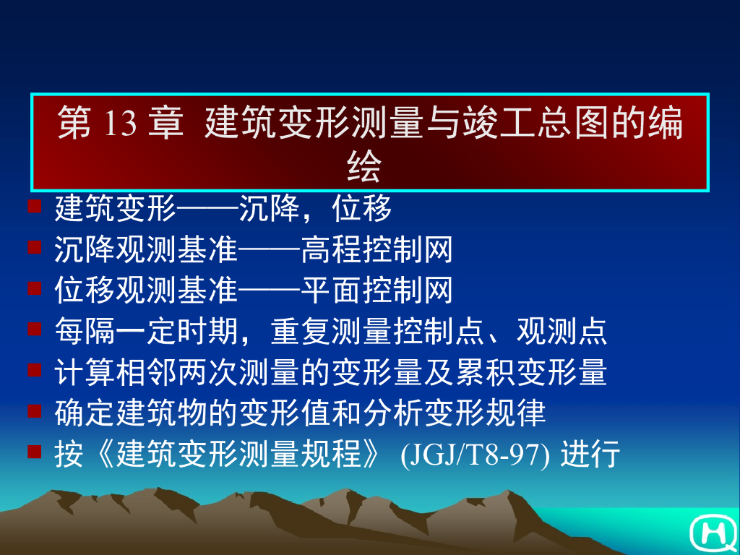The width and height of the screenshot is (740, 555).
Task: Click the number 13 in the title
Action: click(120, 124)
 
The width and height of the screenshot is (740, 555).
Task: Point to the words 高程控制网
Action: click(377, 250)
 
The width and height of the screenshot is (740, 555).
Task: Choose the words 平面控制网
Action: click(377, 291)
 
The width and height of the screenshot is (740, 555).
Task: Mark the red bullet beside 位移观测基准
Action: click(34, 288)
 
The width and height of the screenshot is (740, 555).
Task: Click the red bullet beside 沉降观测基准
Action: click(34, 248)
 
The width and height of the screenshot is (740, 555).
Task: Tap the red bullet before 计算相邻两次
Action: click(34, 371)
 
